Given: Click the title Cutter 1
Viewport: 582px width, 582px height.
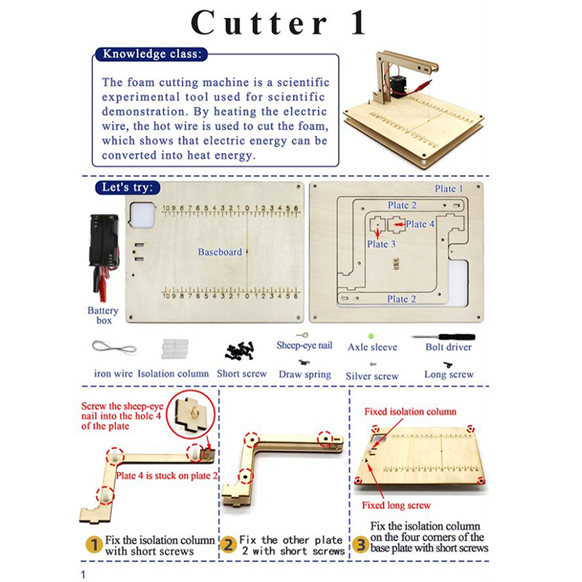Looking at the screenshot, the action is coord(279,23).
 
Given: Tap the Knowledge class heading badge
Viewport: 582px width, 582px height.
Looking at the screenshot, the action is coord(151,54).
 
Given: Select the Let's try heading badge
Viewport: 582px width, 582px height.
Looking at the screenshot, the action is coord(127,188).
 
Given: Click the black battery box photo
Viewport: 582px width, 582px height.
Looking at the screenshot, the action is coord(103,257).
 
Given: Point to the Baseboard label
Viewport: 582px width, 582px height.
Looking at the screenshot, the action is coord(220,252).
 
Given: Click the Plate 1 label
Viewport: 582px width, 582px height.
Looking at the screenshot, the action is coord(449,188).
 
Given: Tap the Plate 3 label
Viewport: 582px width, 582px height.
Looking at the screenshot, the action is coord(381,244).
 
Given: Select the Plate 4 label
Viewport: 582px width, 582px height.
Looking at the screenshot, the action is coord(420,224).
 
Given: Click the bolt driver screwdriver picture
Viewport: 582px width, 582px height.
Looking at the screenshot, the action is coord(443,337).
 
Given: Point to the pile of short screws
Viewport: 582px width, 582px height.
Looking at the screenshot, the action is coord(240,351).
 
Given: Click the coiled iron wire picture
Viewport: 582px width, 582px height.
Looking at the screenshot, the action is coord(114,348).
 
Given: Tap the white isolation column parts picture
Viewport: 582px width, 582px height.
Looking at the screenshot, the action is coord(175,348).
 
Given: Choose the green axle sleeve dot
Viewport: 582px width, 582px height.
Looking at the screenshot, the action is coord(370,336).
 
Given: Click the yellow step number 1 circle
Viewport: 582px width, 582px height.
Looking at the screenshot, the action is coord(95,545).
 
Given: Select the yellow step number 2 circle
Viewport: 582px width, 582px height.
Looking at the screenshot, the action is coord(228,545).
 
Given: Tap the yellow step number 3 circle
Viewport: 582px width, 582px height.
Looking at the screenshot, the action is coord(360,544).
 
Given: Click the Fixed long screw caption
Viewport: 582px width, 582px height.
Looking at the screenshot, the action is coord(396,505).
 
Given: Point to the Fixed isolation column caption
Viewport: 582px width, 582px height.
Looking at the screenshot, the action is coord(410,412).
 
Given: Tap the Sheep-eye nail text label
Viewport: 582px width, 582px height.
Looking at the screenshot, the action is coord(304,346).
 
